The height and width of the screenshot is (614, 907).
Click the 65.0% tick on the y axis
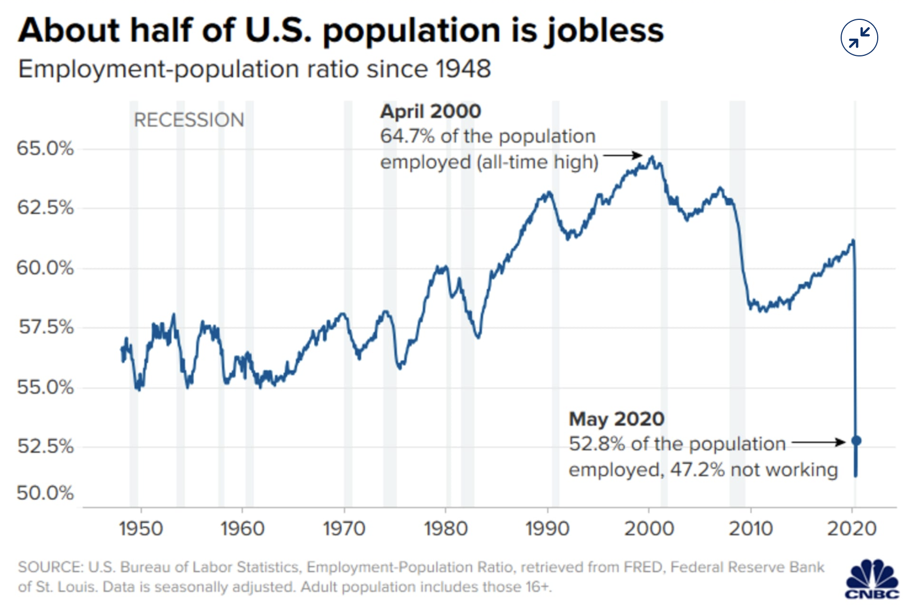45,149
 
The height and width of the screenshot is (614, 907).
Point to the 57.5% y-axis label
46,327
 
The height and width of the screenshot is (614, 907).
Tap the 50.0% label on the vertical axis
45,493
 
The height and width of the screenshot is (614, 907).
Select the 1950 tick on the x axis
141,529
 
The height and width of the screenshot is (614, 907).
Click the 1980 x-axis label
446,529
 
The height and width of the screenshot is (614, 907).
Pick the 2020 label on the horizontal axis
852,529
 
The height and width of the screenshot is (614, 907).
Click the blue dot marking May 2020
856,441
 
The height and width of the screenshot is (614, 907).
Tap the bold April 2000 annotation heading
431,111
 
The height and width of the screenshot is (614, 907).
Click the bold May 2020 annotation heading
617,419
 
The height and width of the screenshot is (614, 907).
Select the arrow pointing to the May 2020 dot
818,443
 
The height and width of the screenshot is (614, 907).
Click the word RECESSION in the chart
189,120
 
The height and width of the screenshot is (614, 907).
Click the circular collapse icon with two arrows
859,38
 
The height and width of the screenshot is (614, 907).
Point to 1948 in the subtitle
463,69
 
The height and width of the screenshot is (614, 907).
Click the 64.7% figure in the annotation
407,136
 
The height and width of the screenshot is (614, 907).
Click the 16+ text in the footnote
538,587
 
